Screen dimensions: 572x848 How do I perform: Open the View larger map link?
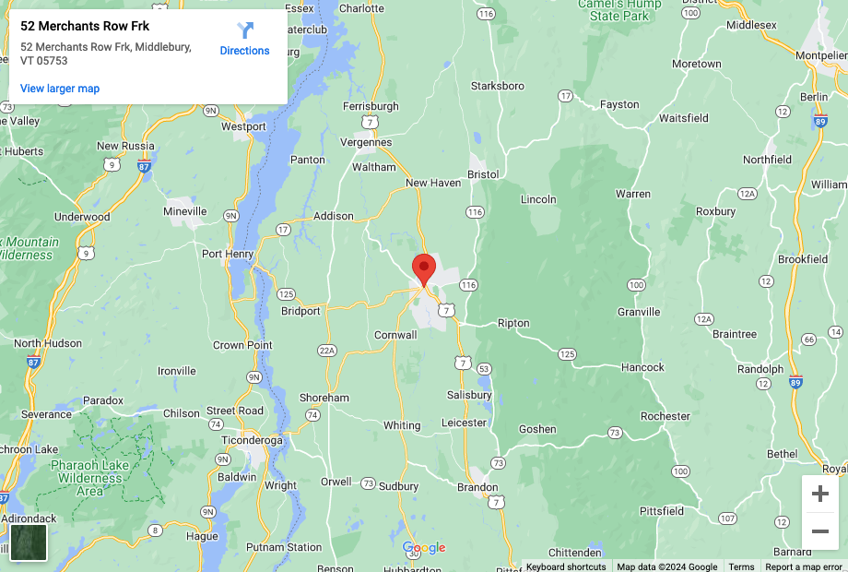pos(60,89)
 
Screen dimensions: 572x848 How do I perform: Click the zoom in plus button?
pos(819,494)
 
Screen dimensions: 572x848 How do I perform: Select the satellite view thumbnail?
pos(29,542)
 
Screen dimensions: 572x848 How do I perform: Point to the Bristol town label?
pos(483,174)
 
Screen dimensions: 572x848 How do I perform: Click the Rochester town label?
pos(665,416)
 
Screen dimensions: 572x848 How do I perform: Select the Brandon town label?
pos(477,487)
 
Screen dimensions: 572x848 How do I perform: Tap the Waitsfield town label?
pos(683,118)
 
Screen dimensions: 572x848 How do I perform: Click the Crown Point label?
pos(242,345)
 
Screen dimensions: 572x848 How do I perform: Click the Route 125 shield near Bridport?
pos(287,294)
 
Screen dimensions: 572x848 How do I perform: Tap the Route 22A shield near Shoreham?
pos(326,351)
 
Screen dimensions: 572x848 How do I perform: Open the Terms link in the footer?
pos(741,566)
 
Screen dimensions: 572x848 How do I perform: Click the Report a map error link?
pos(804,566)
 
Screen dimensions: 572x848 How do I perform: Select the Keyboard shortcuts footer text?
pos(566,566)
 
